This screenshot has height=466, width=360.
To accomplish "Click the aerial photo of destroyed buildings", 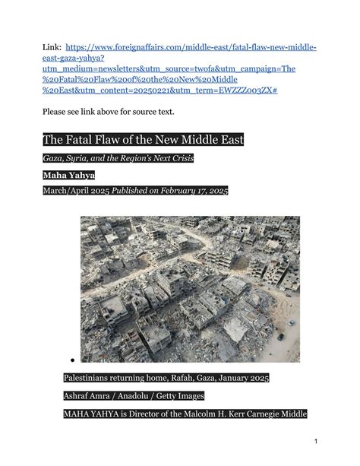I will tap(190, 289).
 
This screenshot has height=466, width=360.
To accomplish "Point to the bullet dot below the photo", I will tap(70, 360).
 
